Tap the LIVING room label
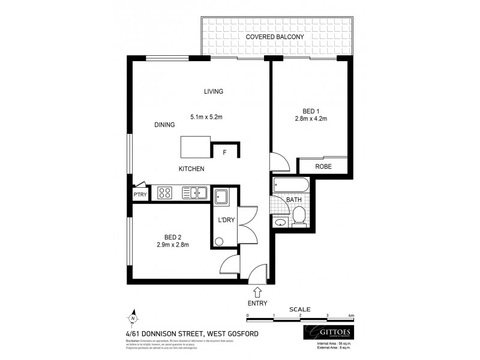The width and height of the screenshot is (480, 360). pos(213,92)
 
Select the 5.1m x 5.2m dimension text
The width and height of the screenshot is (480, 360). pos(207,116)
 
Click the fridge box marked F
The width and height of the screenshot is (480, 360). pos(224,152)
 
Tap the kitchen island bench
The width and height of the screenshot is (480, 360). pos(196,146)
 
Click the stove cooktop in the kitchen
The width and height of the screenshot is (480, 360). pos(165,193)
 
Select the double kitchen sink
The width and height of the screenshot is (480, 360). pos(194,193)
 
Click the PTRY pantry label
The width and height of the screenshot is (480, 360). pos(140,195)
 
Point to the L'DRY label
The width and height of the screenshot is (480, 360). pos(226,220)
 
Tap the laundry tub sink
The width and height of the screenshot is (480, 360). pos(221,196)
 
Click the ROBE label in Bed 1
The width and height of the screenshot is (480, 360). pos(323,167)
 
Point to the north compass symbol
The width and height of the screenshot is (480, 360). pos(134,318)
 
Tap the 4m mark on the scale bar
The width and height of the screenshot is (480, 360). pos(352,315)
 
